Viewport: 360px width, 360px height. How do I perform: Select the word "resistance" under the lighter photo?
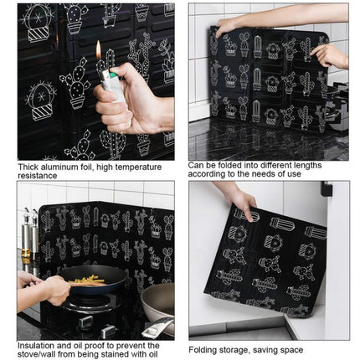[39, 177]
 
